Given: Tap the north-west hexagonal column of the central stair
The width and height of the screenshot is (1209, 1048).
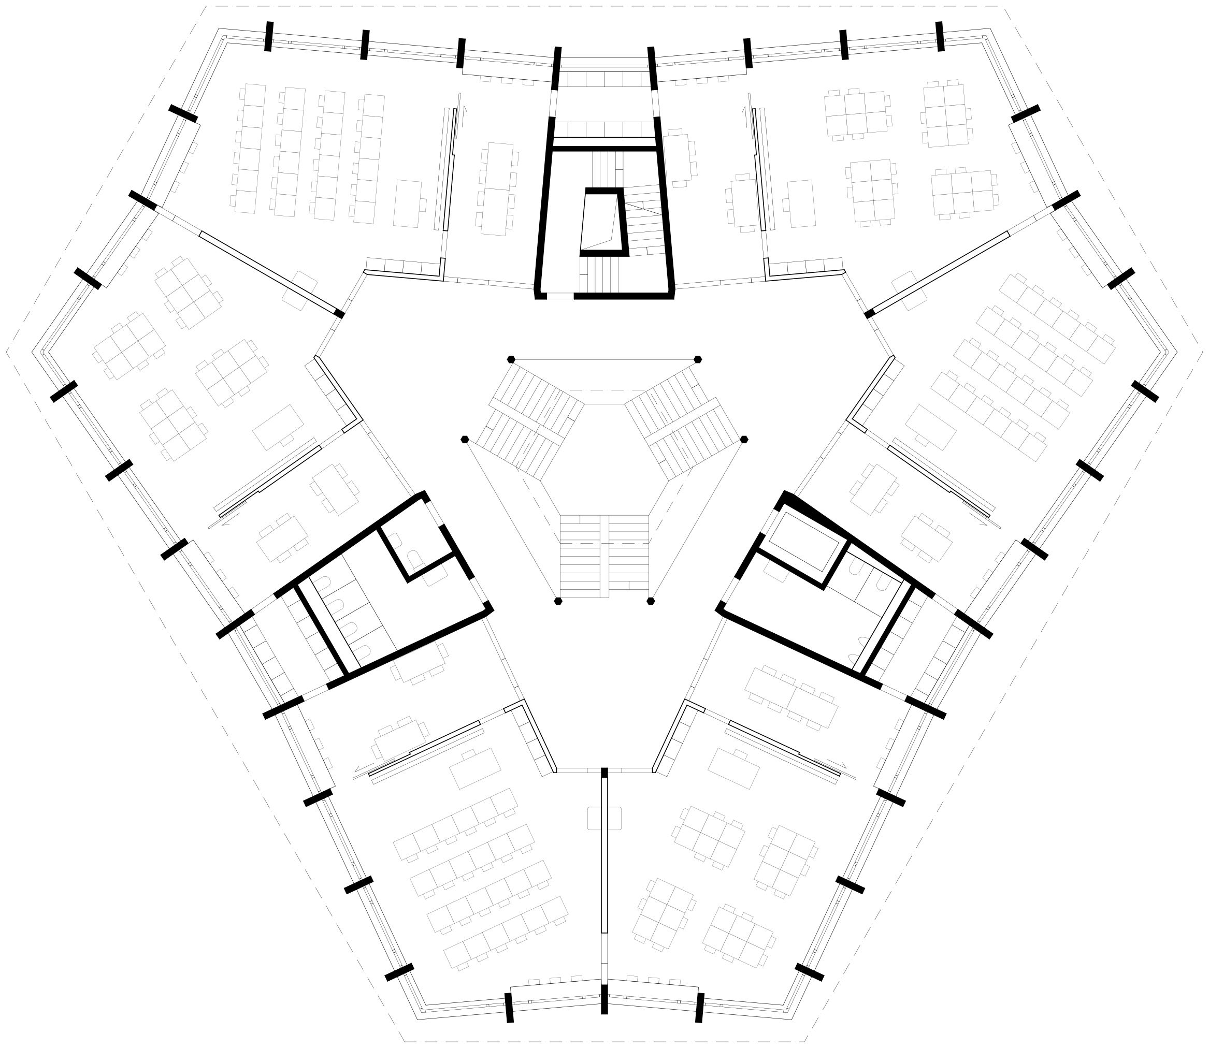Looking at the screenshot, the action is coord(511,358).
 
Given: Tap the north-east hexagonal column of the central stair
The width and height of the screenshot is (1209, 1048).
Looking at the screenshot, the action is coord(698,359).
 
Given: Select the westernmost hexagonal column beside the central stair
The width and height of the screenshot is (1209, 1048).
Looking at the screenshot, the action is coord(465,439).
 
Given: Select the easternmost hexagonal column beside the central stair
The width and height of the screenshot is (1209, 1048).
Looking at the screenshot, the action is coord(744,439).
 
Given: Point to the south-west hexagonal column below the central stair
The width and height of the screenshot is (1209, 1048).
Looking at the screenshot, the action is coord(558,601).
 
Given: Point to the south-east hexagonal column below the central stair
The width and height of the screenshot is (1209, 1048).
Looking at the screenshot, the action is coord(651,601).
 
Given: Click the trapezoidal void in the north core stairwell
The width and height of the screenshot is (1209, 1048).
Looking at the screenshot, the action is coord(599,223).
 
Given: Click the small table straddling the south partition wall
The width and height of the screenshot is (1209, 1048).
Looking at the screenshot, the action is coord(604,818).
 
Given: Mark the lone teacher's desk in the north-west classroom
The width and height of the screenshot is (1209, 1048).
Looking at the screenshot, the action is coord(407,203).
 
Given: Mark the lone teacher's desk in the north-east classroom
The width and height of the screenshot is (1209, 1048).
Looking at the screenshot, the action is coord(801,203).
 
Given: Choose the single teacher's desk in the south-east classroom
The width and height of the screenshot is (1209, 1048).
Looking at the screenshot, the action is coord(733,768).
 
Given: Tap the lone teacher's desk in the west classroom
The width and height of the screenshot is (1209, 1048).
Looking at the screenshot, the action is coord(278,428).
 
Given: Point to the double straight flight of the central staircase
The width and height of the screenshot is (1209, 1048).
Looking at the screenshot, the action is coord(604,556).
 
